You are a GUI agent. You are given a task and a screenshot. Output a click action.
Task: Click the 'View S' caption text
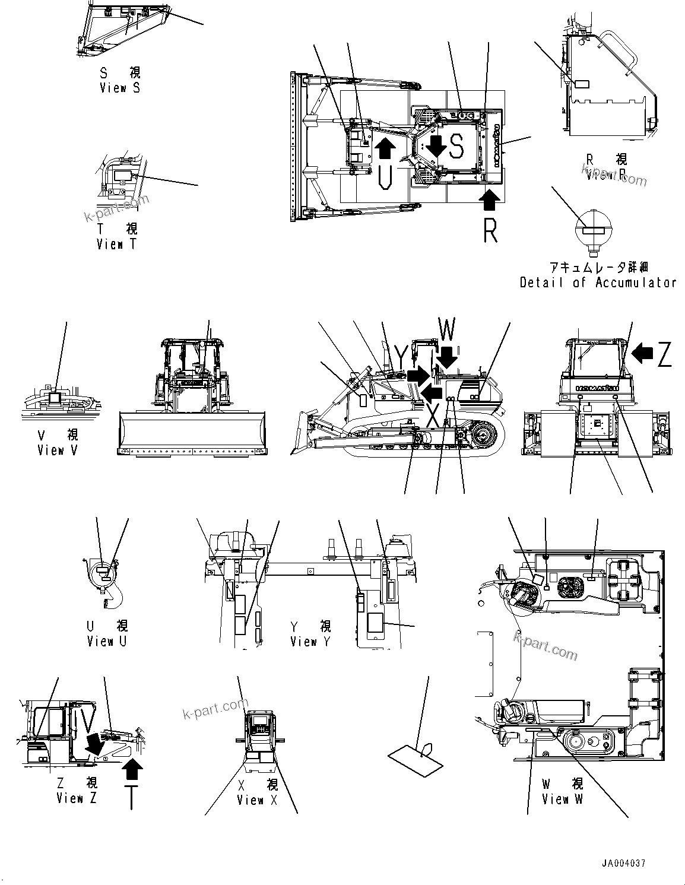[120, 88]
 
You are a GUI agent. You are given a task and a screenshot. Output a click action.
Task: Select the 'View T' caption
[117, 244]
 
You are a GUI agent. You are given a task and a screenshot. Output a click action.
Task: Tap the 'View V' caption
[57, 451]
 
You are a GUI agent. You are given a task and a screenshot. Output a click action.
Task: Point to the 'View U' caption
[107, 642]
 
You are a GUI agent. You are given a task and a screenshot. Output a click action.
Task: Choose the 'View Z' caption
[77, 798]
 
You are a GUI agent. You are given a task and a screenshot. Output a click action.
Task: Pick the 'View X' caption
[257, 800]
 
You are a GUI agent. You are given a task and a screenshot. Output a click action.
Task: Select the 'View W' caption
[562, 799]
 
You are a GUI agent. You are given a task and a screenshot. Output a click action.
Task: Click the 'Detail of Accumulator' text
[598, 283]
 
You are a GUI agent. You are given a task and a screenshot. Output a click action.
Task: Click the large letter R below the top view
[490, 230]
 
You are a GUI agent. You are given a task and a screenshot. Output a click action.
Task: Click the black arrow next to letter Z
[641, 354]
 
